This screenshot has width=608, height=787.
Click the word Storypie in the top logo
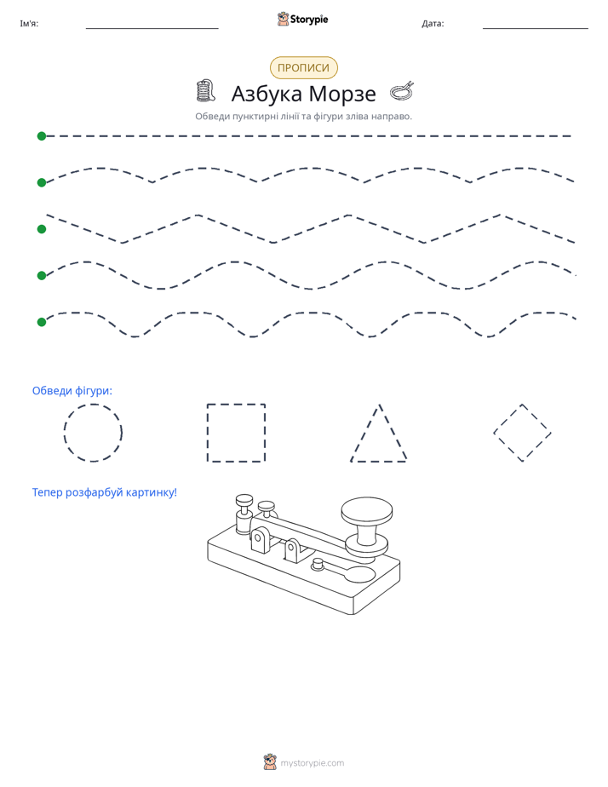point(309,20)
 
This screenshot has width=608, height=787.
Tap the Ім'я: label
point(29,24)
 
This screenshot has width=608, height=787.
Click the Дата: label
point(433,24)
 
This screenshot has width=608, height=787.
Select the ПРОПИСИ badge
point(303,68)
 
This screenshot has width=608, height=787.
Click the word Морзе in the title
point(342,94)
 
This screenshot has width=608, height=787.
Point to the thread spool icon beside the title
point(205,90)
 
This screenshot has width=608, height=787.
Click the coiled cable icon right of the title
point(402,90)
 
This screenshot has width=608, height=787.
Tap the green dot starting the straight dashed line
point(42,136)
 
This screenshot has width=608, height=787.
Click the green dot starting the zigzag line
point(42,229)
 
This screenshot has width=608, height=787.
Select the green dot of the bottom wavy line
point(42,322)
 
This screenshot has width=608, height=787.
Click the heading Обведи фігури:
point(72,390)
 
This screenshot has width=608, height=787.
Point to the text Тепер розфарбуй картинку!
point(105,492)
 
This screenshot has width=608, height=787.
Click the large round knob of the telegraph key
point(367,512)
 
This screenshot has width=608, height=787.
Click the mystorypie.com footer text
point(312,763)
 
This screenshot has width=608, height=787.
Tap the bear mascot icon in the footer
point(270,762)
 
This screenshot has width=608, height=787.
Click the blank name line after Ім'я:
point(152,28)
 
